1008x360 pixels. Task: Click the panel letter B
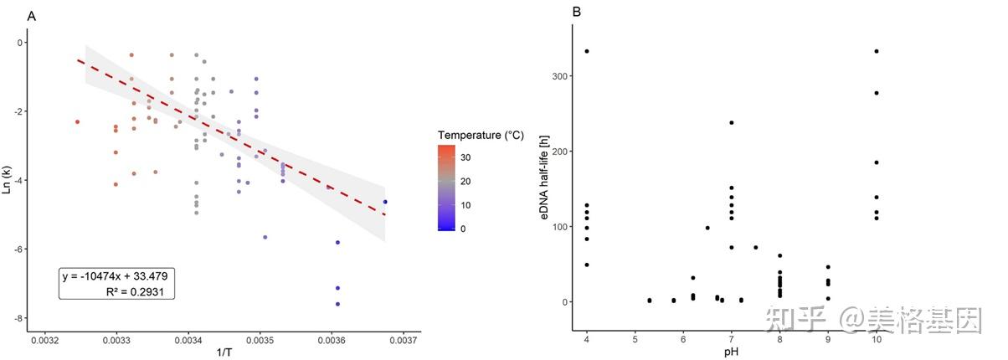coord(577,13)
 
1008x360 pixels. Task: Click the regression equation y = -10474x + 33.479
coord(116,276)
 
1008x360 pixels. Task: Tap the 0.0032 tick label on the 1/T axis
coord(44,341)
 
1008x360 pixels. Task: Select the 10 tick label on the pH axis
coord(876,339)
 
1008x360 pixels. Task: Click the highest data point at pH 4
coord(587,52)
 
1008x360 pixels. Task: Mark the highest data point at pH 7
coord(732,123)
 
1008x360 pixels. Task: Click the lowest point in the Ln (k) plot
coord(337,304)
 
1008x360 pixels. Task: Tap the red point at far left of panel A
coord(77,122)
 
